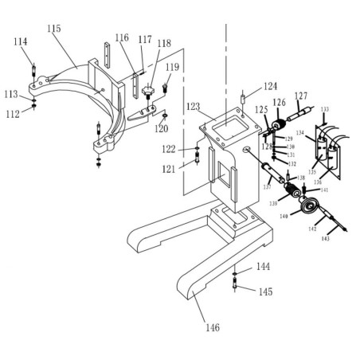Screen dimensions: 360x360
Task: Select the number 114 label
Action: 21,41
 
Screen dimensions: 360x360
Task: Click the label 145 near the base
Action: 264,292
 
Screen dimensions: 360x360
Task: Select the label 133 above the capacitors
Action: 324,109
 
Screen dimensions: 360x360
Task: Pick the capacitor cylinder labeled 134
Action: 321,146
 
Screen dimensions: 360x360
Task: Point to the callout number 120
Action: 162,127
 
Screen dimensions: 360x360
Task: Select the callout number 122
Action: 169,149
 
